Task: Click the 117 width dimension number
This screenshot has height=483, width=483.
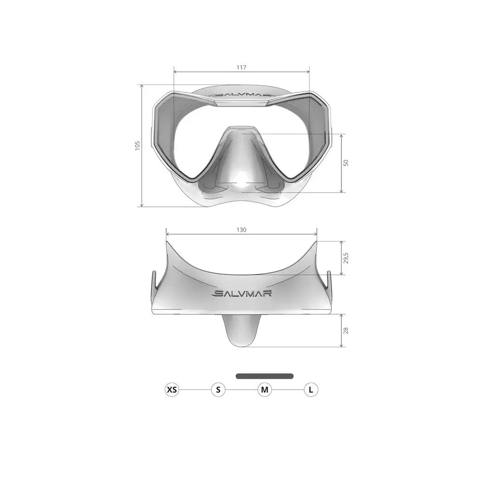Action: click(241, 67)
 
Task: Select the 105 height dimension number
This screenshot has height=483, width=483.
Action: click(137, 146)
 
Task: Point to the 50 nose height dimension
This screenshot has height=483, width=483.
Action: click(346, 163)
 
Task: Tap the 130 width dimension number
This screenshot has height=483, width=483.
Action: click(241, 230)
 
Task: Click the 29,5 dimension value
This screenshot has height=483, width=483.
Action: click(346, 258)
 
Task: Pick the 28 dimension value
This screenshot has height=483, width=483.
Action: click(346, 330)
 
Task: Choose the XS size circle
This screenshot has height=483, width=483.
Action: click(172, 390)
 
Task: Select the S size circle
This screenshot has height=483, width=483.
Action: click(218, 390)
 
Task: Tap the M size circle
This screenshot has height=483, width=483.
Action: click(265, 390)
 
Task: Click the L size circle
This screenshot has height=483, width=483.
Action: click(311, 390)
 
